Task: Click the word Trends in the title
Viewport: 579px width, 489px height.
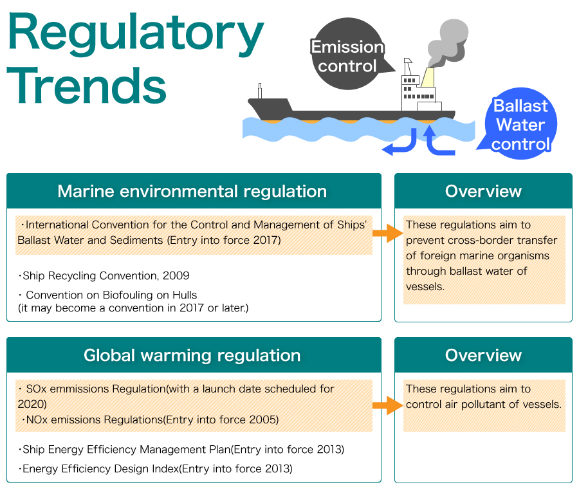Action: (86, 86)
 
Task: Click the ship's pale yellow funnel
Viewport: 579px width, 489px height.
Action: (428, 77)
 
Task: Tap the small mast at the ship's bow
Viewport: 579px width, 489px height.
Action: (260, 91)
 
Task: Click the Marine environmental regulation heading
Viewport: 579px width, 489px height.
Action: (192, 191)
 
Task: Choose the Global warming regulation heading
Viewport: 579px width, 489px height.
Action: (192, 355)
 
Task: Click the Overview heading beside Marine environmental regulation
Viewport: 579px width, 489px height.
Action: (483, 191)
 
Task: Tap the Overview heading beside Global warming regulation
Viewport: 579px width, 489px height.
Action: (483, 355)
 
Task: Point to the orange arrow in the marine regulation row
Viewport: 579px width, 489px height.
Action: (388, 233)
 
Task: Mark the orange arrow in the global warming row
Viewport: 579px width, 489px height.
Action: (388, 405)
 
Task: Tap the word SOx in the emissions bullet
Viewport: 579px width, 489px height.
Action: (36, 389)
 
